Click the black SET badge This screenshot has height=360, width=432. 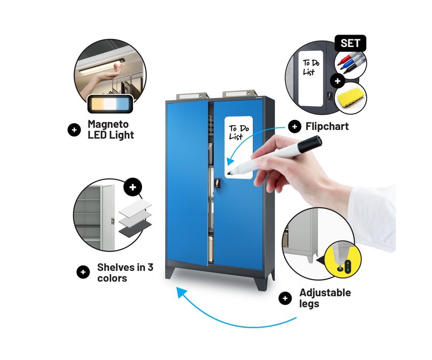click(350, 43)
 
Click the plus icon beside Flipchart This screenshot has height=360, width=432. click(294, 126)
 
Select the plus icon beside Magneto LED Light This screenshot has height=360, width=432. click(74, 130)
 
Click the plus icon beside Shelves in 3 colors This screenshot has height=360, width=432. click(83, 272)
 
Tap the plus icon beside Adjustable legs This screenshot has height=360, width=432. click(285, 298)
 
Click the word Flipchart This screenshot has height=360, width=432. click(327, 126)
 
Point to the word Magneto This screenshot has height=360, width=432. click(108, 124)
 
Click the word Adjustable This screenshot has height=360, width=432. click(325, 293)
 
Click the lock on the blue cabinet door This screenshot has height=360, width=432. click(217, 183)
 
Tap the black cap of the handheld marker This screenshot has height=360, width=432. click(310, 144)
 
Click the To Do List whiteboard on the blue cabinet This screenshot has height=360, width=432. click(239, 147)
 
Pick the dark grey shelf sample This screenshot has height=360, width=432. click(135, 228)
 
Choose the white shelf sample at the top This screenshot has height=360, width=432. click(135, 206)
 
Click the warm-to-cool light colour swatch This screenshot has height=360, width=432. click(110, 104)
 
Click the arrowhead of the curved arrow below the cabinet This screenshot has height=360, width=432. click(181, 291)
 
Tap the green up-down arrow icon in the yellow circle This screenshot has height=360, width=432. click(348, 266)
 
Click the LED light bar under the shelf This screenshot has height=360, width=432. click(102, 66)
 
